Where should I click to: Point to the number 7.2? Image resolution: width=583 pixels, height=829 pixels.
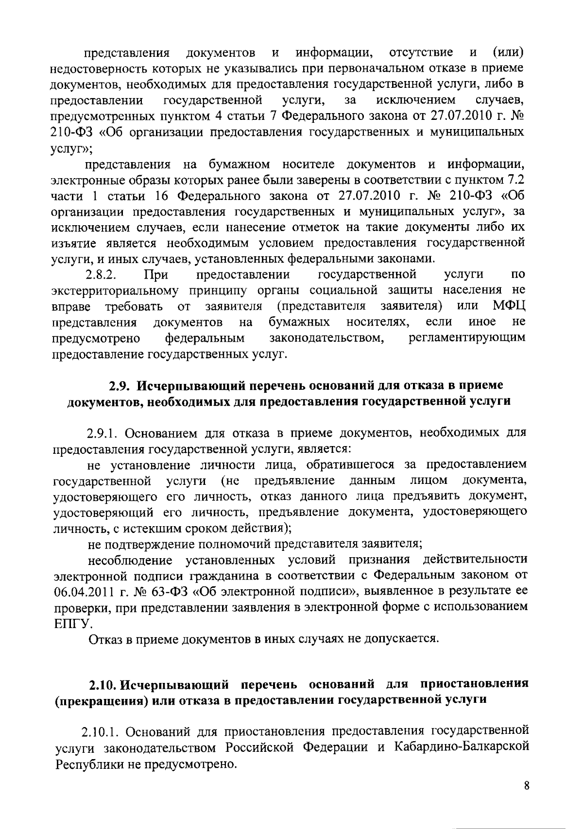(x=515, y=181)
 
